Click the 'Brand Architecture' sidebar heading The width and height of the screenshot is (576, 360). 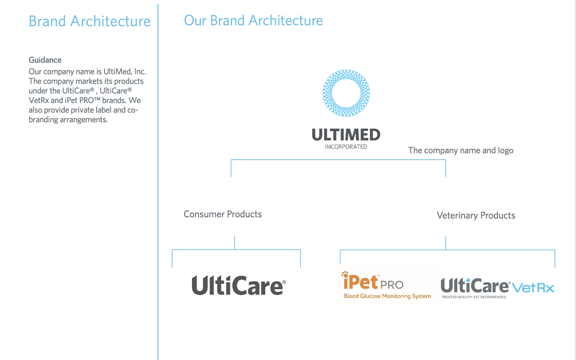[x=90, y=21]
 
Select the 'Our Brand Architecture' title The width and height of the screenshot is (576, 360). [x=253, y=21]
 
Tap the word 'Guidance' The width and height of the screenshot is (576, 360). [x=45, y=60]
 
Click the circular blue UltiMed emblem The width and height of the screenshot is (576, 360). [x=346, y=93]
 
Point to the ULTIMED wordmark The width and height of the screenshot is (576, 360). [x=346, y=135]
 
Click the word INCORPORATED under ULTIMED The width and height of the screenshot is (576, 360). [x=346, y=147]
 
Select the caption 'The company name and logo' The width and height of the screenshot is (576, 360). [x=460, y=150]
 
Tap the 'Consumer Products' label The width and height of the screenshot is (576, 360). [x=222, y=214]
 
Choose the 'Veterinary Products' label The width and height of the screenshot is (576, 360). [x=476, y=215]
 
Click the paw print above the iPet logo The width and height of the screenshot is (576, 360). [x=345, y=274]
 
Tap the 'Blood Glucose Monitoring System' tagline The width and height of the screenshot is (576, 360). [x=387, y=296]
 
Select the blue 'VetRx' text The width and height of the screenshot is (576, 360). [x=533, y=288]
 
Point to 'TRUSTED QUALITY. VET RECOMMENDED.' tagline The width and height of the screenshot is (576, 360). [x=474, y=297]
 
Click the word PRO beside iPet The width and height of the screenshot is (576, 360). [x=392, y=285]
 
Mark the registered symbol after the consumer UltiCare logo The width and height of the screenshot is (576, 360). [x=284, y=282]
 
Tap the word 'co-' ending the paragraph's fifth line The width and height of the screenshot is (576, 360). [x=132, y=110]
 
